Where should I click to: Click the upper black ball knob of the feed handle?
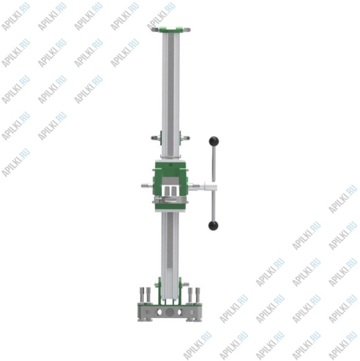[x=214, y=141]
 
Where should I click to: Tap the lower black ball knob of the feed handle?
[x=213, y=225]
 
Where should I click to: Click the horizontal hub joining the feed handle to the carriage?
[x=211, y=187]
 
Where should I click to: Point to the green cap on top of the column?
[x=171, y=30]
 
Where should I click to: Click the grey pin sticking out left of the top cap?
[x=155, y=30]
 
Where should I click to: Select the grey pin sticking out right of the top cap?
[x=187, y=30]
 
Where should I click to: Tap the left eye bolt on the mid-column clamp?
[x=156, y=138]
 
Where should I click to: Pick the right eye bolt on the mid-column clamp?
[x=186, y=138]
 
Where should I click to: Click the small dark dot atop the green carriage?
[x=171, y=165]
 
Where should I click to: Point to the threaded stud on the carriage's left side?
[x=146, y=185]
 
